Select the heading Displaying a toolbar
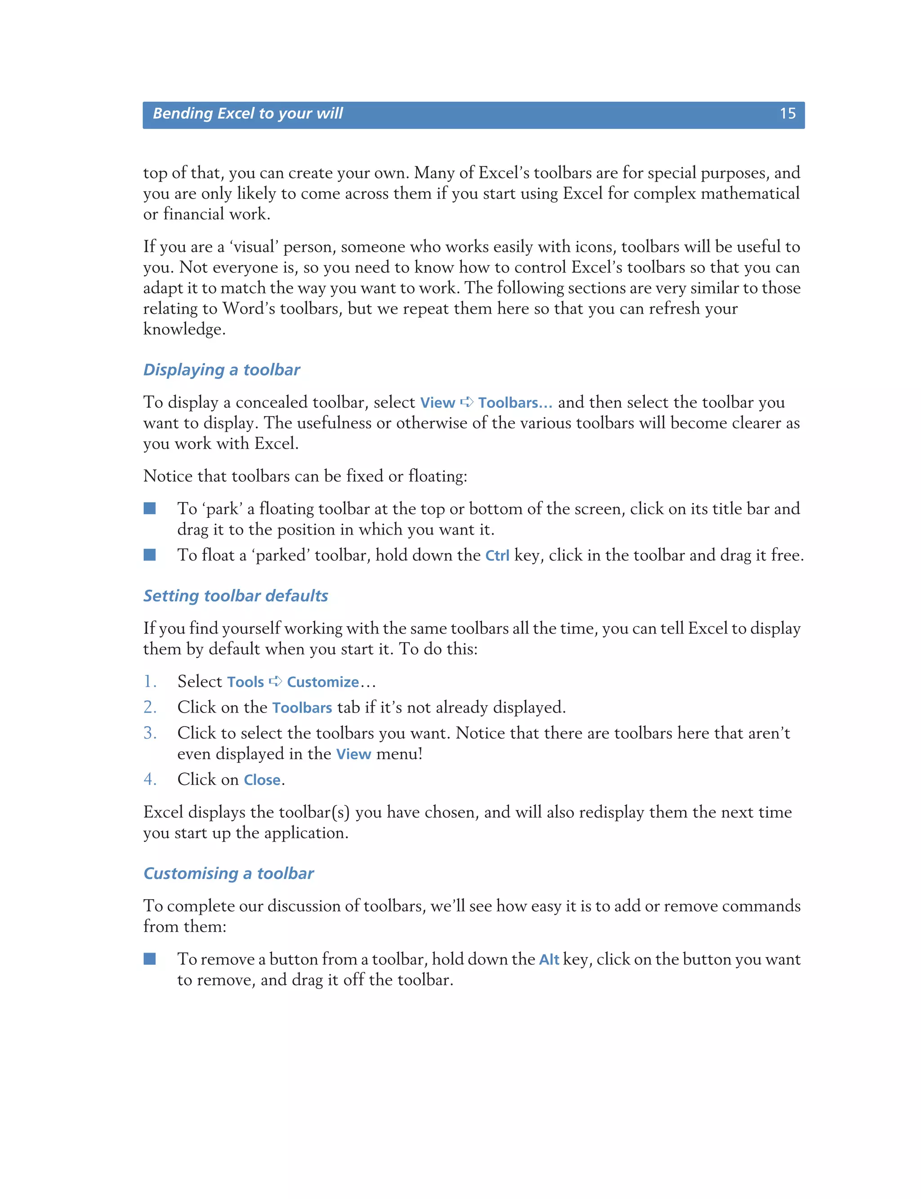(221, 370)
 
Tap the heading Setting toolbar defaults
(236, 596)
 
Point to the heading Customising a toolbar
(228, 874)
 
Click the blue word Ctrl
(497, 556)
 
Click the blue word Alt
(549, 959)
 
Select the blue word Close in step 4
(262, 780)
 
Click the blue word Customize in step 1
(323, 682)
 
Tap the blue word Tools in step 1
(246, 682)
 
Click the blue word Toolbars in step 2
(302, 708)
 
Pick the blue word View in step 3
(353, 754)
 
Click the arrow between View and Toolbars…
(466, 402)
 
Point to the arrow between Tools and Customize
(275, 681)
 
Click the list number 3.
(150, 733)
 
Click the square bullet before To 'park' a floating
(150, 508)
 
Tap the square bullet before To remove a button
(150, 959)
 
